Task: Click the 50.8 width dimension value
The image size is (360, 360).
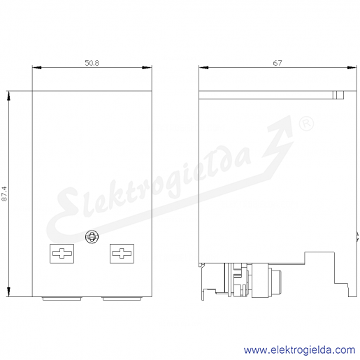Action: pos(92,63)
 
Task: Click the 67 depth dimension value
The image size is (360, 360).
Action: pos(278,63)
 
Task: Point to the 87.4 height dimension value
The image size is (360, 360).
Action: pos(4,194)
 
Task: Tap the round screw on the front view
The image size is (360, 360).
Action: pos(92,237)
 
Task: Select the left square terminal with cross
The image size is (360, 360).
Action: pos(62,254)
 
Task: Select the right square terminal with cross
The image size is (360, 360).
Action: pos(122,254)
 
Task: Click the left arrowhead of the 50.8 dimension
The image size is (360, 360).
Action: pos(37,68)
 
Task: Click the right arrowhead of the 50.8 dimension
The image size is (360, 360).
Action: pos(147,68)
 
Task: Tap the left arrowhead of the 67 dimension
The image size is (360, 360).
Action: pos(203,68)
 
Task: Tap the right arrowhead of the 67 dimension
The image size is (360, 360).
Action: pos(352,68)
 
